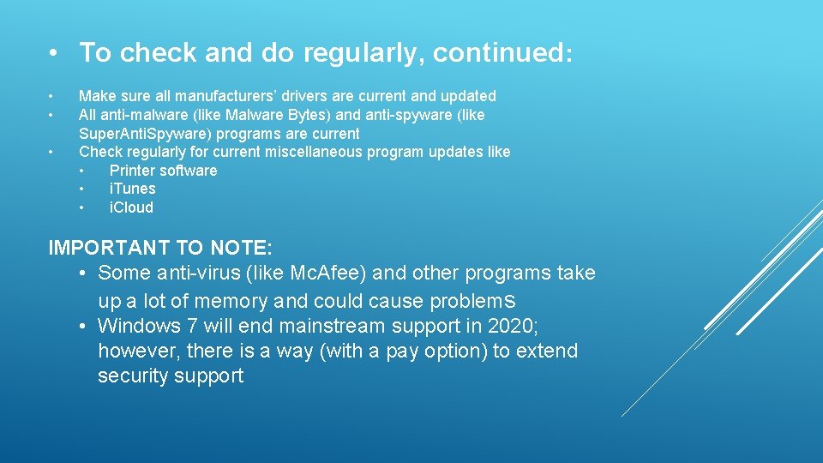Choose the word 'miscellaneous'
tap(316, 152)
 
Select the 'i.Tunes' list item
tap(132, 189)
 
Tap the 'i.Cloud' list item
tap(131, 207)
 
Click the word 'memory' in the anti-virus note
tap(231, 301)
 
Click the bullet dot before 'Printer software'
tap(82, 171)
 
